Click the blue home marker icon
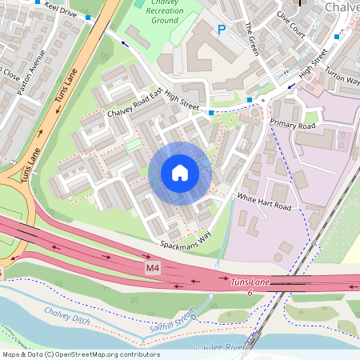(180, 173)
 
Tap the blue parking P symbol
(222, 30)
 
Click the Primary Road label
(293, 123)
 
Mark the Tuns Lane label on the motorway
(252, 282)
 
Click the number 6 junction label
(250, 294)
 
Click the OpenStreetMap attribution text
(81, 354)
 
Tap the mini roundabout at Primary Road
(262, 102)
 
